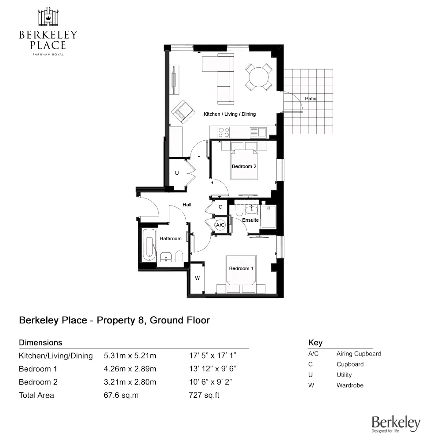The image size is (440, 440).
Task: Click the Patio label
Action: [x=311, y=99]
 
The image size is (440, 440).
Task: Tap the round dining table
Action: [x=258, y=77]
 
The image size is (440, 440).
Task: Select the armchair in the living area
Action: [x=183, y=112]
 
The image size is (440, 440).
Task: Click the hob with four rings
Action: [x=224, y=132]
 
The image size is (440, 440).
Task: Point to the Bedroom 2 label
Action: [x=244, y=166]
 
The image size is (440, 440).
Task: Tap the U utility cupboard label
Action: [x=177, y=173]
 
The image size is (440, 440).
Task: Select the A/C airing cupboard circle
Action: [x=220, y=225]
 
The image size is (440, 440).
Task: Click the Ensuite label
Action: [x=250, y=220]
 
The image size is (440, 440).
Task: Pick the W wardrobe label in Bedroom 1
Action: [x=197, y=278]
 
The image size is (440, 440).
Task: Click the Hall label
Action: [x=187, y=205]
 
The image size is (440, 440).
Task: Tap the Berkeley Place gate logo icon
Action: [x=48, y=17]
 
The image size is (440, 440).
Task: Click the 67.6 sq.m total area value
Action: [x=121, y=395]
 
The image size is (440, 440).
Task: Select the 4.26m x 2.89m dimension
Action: [x=130, y=369]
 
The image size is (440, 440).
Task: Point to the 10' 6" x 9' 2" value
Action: [x=210, y=382]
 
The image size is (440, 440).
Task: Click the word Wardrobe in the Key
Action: [x=350, y=385]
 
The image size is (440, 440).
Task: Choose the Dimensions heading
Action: [x=40, y=343]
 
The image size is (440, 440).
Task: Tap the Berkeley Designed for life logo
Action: [x=396, y=424]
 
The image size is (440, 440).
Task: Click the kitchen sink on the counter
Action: [x=262, y=132]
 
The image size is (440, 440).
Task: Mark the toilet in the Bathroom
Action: [x=180, y=256]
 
